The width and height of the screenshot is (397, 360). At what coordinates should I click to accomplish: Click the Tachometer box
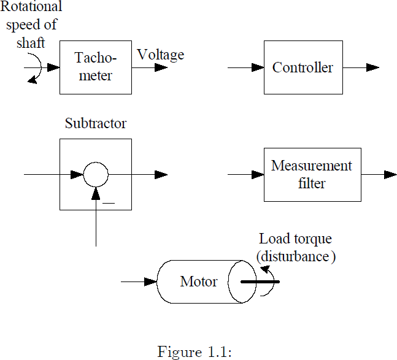point(95,67)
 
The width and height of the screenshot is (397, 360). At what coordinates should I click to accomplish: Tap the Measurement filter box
point(312,175)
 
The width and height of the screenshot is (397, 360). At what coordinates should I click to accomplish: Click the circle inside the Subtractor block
point(95,175)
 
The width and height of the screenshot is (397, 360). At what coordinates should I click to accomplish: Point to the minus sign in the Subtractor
point(109,202)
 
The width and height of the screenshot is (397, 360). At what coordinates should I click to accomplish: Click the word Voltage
point(160,55)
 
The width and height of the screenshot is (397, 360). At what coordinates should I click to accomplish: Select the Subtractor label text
point(95,123)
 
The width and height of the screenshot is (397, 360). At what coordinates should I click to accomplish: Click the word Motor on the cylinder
point(198,282)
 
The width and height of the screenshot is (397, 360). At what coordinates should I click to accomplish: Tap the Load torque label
point(295,239)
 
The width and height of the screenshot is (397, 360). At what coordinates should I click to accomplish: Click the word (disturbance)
point(296,256)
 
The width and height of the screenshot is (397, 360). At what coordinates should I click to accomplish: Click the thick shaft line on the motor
point(260,282)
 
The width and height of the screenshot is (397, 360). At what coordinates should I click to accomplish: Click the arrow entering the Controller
point(245,67)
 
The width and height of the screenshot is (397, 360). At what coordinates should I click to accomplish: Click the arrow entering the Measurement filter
point(245,175)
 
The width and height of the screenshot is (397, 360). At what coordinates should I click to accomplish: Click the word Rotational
point(31,7)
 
